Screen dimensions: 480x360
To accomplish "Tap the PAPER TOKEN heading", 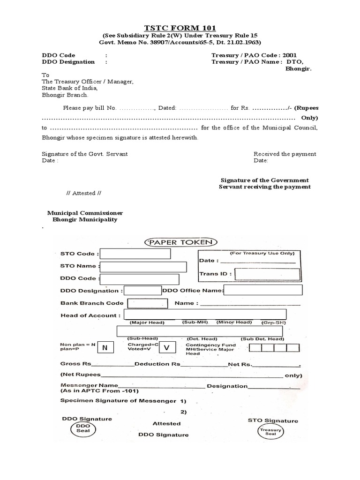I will pos(180,242).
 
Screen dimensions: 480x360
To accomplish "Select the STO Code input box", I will pos(135,254).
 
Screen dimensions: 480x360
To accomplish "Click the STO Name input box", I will pos(143,267).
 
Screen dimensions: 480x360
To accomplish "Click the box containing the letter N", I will pos(105,348).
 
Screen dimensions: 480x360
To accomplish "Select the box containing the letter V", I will pos(167,348).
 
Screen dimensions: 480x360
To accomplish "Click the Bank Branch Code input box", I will pos(147,303).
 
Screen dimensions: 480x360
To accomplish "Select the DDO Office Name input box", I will pos(263,291).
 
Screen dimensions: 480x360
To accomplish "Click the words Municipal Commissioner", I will pos(85,213).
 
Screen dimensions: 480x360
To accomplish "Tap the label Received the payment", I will pos(285,154).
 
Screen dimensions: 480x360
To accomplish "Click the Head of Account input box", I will pos(205,314).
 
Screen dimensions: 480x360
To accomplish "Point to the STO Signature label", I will pos(273,420).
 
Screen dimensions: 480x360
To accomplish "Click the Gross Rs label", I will pos(75,364).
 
